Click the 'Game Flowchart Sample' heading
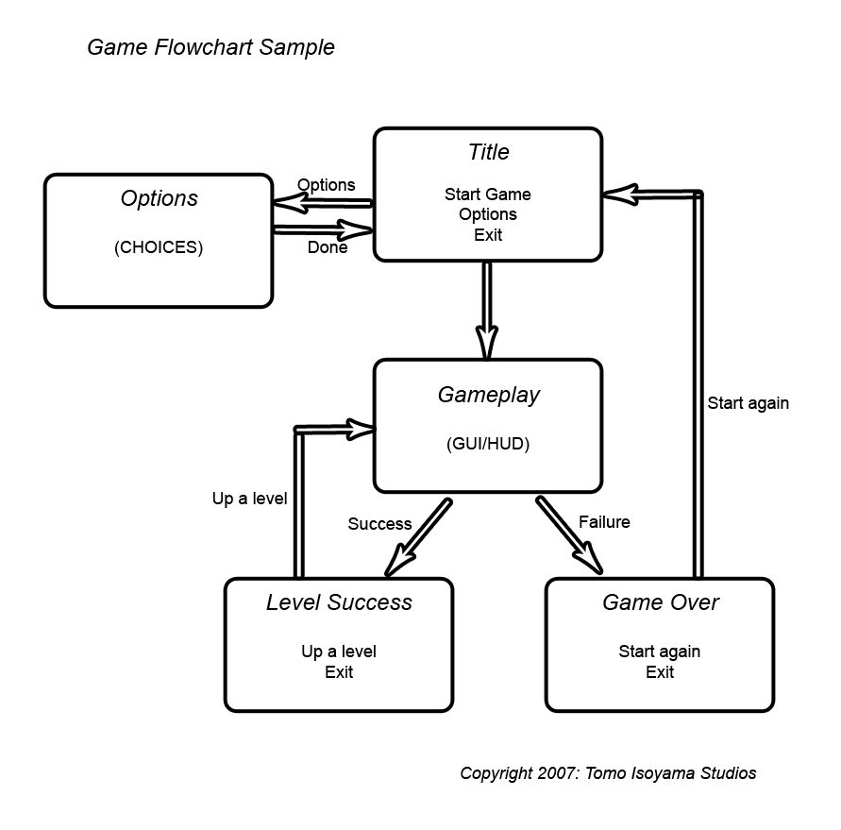click(210, 47)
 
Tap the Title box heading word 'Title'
click(488, 152)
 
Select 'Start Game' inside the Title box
click(488, 195)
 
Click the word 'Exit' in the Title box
click(488, 235)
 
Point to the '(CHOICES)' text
click(159, 247)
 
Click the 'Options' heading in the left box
click(160, 198)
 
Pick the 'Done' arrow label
click(328, 248)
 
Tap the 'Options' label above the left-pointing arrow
click(327, 185)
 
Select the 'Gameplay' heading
click(488, 395)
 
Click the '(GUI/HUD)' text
click(488, 444)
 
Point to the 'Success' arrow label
click(379, 524)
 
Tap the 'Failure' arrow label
click(604, 522)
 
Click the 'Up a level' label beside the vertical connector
click(249, 499)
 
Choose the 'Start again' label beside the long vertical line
click(748, 403)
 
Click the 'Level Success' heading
click(339, 602)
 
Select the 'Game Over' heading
click(661, 602)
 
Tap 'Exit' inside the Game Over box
click(660, 672)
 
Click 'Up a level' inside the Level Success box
click(339, 652)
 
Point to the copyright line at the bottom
click(608, 773)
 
